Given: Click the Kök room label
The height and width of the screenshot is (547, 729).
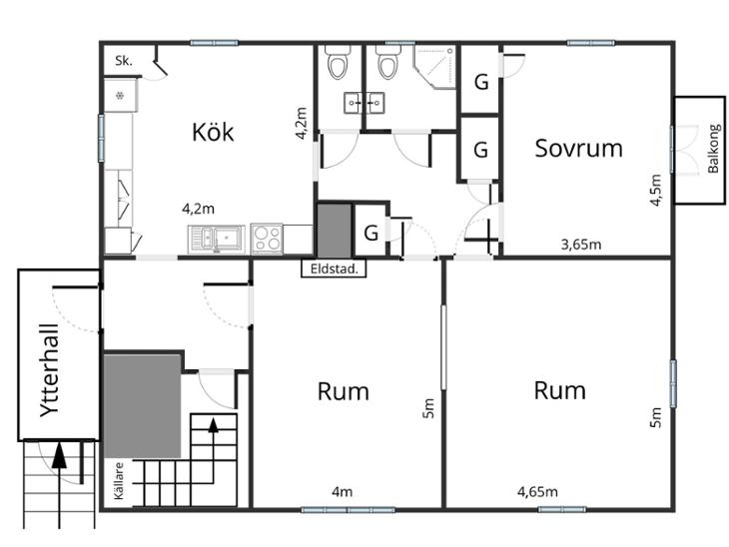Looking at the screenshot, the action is click(213, 132).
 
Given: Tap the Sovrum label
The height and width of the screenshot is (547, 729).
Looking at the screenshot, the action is click(578, 149).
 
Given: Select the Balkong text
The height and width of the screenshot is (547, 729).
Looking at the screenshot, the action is click(714, 149).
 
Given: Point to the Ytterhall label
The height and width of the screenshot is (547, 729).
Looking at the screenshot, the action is click(50, 370).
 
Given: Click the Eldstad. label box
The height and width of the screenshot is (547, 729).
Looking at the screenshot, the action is click(334, 269).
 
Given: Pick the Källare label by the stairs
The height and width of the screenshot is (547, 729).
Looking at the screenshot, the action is click(119, 480).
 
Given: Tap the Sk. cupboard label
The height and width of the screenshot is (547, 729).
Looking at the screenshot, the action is click(124, 61).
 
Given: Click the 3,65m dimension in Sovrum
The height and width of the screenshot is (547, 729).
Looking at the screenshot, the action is click(580, 244).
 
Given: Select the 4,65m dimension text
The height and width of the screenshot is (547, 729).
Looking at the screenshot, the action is click(537, 491).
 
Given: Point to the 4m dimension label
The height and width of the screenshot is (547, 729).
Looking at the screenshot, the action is click(342, 491).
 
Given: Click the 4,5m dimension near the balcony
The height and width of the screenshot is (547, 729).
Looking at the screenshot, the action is click(655, 190).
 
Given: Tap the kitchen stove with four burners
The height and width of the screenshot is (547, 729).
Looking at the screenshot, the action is click(267, 239).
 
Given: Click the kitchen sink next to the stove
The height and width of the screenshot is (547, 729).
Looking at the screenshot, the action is click(216, 240).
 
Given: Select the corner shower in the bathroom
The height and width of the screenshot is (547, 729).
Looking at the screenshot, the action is click(435, 67).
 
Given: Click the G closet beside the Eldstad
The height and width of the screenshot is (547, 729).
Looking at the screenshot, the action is click(371, 233).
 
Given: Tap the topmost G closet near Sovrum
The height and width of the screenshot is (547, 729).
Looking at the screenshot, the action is click(481, 82).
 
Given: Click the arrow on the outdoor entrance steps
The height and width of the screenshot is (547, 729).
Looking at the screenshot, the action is click(59, 485).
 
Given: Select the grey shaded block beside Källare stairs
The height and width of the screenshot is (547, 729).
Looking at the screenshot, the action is click(142, 405).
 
